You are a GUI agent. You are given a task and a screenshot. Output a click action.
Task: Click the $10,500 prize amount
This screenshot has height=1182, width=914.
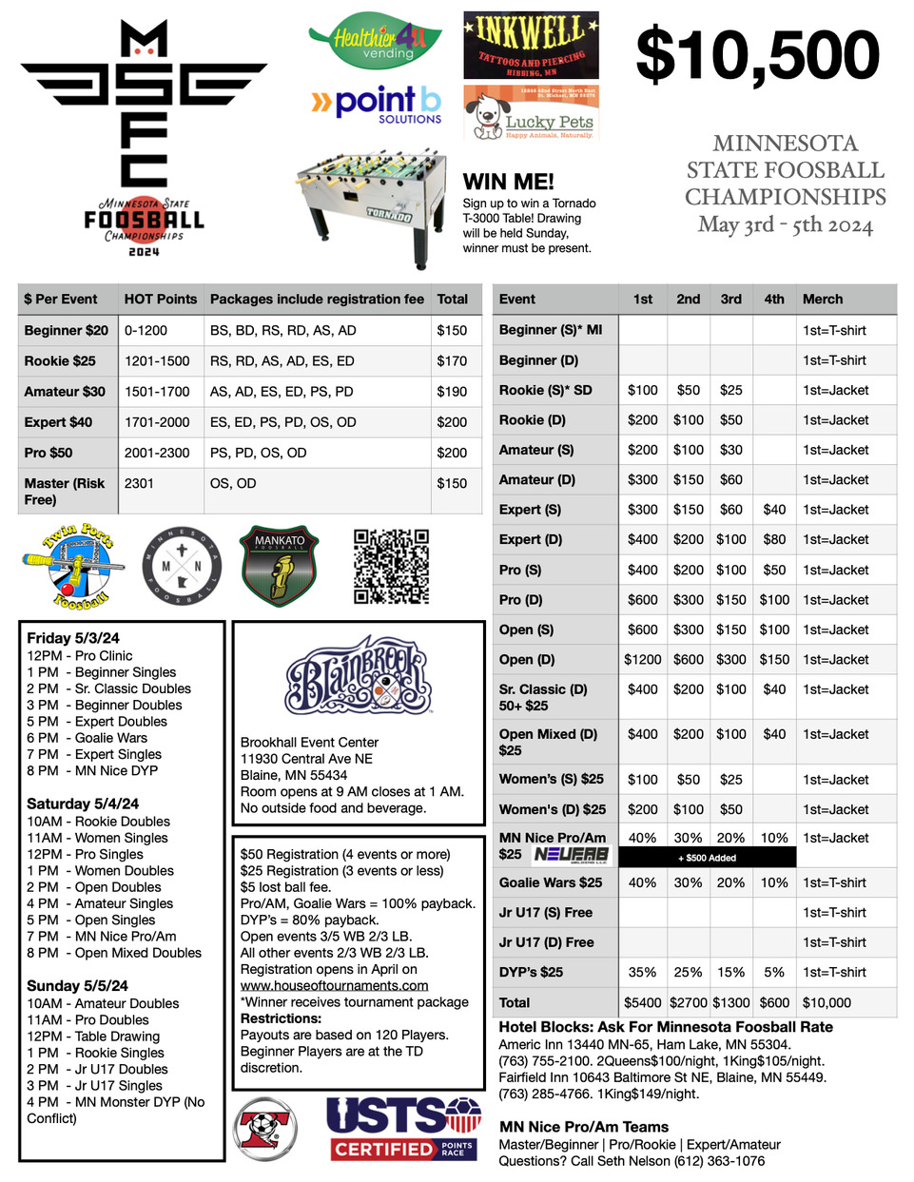(x=758, y=55)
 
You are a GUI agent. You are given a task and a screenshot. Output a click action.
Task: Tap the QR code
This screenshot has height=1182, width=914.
(x=391, y=567)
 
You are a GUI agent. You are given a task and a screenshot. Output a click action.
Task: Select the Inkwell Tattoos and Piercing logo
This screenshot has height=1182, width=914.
(x=531, y=45)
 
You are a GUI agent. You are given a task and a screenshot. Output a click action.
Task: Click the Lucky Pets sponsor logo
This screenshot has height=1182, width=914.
(x=531, y=114)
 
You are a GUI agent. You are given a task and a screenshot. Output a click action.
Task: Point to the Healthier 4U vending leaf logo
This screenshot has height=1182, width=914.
(x=375, y=44)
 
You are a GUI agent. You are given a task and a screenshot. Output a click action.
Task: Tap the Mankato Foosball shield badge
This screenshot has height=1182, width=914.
(x=280, y=567)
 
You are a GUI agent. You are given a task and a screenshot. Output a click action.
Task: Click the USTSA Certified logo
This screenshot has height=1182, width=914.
(x=404, y=1129)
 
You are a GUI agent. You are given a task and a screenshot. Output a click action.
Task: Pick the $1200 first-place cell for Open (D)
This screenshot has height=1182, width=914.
(x=643, y=659)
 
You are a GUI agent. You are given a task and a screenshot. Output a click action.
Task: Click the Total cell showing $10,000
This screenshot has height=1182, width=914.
(x=826, y=1002)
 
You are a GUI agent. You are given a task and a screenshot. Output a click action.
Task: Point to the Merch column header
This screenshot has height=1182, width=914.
(x=822, y=299)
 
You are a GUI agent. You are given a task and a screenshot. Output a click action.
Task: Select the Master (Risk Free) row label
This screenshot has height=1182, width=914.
(x=65, y=491)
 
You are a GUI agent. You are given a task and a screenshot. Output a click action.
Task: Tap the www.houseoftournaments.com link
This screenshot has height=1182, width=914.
(x=334, y=985)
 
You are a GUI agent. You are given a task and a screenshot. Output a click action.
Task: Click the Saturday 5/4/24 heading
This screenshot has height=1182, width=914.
(x=83, y=804)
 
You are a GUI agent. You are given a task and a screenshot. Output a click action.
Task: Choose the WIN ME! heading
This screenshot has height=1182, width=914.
(x=508, y=182)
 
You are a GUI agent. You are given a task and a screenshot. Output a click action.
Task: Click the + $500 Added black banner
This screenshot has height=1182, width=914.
(x=707, y=858)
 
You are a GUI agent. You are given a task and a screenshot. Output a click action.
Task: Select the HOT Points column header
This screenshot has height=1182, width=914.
(x=160, y=299)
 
